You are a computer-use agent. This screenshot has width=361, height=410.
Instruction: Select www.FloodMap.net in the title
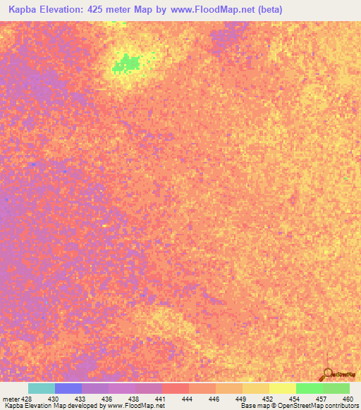[216, 9]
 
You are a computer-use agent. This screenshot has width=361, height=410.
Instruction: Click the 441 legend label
[161, 399]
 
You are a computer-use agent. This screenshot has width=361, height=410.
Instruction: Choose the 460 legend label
[345, 399]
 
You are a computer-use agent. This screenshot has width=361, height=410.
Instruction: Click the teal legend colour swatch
[42, 388]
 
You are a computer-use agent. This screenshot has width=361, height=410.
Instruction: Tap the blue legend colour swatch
[68, 388]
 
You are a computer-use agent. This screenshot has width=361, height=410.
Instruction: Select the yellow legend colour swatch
[282, 388]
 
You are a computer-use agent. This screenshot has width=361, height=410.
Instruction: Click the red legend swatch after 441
[176, 388]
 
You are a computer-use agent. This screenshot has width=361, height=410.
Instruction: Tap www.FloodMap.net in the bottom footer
[135, 406]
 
